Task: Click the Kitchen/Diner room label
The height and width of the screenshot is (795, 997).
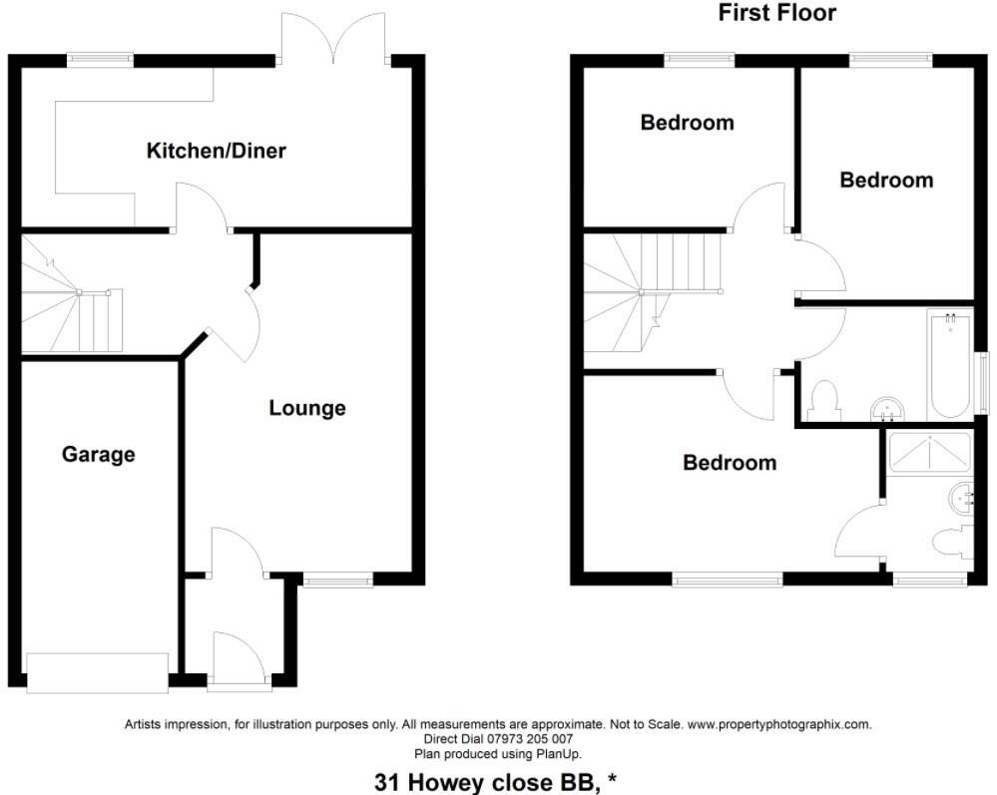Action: pyautogui.click(x=216, y=152)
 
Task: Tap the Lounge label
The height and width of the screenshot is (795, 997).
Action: pyautogui.click(x=307, y=408)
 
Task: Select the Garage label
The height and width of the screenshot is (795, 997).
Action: pyautogui.click(x=98, y=455)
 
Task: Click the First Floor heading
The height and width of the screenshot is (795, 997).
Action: pyautogui.click(x=776, y=13)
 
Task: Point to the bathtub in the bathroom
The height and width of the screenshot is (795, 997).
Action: pyautogui.click(x=948, y=366)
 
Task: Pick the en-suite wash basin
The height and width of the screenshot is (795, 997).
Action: pyautogui.click(x=963, y=496)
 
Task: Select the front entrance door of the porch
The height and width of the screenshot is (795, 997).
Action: pyautogui.click(x=239, y=660)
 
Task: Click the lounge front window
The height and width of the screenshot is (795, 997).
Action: pyautogui.click(x=337, y=581)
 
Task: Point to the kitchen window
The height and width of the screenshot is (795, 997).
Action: pyautogui.click(x=100, y=60)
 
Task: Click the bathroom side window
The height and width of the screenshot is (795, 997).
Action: pyautogui.click(x=981, y=378)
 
